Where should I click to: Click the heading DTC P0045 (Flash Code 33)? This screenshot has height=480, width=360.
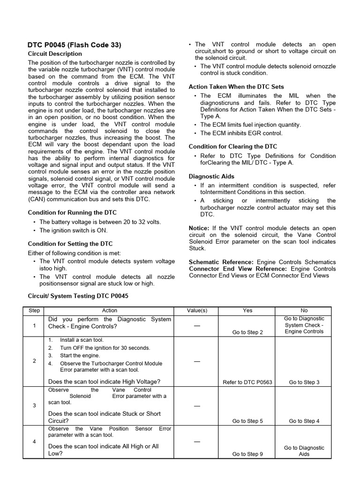[x=74, y=45]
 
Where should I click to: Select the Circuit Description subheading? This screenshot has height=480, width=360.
[x=55, y=54]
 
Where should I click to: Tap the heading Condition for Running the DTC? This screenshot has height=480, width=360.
[x=72, y=213]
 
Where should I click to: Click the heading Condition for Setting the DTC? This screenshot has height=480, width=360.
[x=70, y=244]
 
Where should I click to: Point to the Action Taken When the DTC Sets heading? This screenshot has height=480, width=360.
[x=236, y=87]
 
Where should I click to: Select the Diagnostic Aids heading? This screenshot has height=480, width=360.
[x=211, y=177]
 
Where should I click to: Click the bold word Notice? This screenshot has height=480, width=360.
[x=200, y=228]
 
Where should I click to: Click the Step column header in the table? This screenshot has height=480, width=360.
[x=34, y=311]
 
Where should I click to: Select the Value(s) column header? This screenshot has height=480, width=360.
[x=197, y=311]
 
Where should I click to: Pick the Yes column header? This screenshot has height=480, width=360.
[x=247, y=311]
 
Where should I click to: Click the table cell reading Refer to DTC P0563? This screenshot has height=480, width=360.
[x=247, y=382]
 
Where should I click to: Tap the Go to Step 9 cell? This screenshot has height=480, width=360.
[x=247, y=454]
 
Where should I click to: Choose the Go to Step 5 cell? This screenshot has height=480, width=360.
[x=247, y=421]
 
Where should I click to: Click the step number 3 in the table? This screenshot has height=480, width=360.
[x=34, y=405]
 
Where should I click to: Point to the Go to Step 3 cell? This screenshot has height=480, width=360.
[x=304, y=382]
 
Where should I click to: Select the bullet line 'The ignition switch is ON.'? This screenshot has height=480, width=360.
[x=73, y=231]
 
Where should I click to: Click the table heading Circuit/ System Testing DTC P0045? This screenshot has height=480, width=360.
[x=78, y=296]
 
